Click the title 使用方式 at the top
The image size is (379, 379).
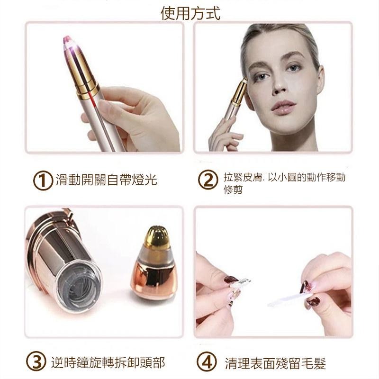point(190,12)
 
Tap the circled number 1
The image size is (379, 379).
point(42,180)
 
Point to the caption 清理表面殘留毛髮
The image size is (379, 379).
point(275,363)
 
